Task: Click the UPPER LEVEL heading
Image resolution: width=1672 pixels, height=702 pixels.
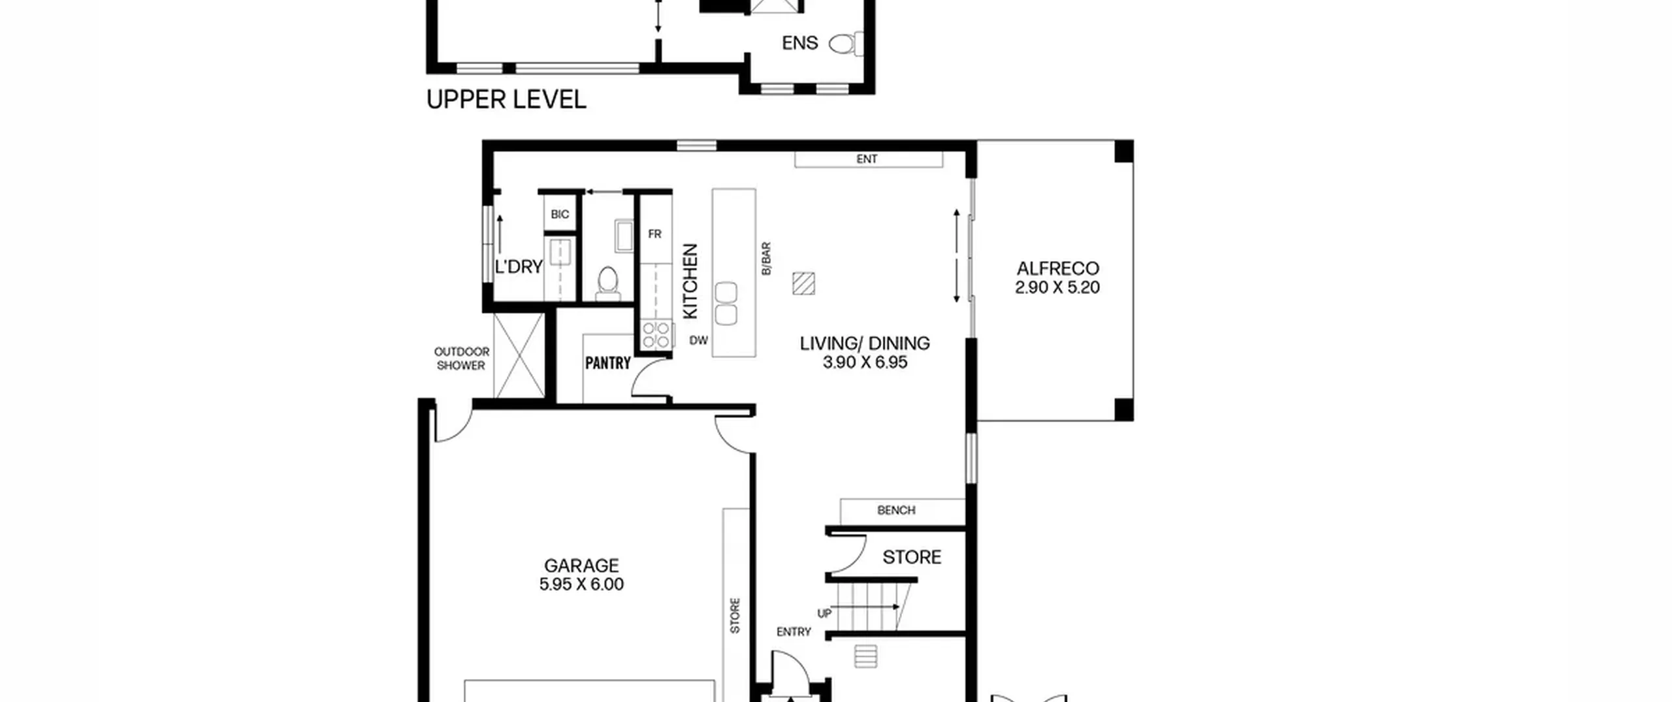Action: coord(506,100)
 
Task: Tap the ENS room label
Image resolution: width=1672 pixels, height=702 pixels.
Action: coord(799,43)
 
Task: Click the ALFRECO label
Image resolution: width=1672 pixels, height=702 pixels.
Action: coord(1057,268)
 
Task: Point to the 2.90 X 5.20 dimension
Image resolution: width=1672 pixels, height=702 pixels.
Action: coord(1057,287)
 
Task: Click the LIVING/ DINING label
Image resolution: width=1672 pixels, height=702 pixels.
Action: coord(865,343)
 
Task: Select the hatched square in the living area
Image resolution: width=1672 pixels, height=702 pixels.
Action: coord(803,284)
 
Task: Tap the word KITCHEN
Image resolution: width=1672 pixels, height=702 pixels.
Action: coord(690,281)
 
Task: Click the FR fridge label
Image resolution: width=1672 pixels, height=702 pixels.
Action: coord(654,234)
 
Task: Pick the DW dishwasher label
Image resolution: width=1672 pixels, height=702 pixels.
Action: coord(698,340)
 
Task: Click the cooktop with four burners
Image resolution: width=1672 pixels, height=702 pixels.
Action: coord(656,334)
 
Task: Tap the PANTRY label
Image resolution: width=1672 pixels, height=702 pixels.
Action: coord(607,363)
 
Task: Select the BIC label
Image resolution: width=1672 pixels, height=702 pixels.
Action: coord(560,214)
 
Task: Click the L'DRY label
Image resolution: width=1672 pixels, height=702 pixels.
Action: coord(519,267)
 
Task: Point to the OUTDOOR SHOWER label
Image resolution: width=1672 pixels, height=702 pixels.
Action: coord(461,359)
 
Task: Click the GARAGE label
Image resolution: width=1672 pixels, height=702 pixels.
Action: coord(581,566)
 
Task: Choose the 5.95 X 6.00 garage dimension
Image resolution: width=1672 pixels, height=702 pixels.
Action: coord(581,584)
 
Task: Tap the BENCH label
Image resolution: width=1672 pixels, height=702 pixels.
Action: coord(896,510)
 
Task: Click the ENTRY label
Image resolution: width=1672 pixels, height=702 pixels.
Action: coord(794,632)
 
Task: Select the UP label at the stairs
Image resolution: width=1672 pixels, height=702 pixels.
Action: coord(824,614)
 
